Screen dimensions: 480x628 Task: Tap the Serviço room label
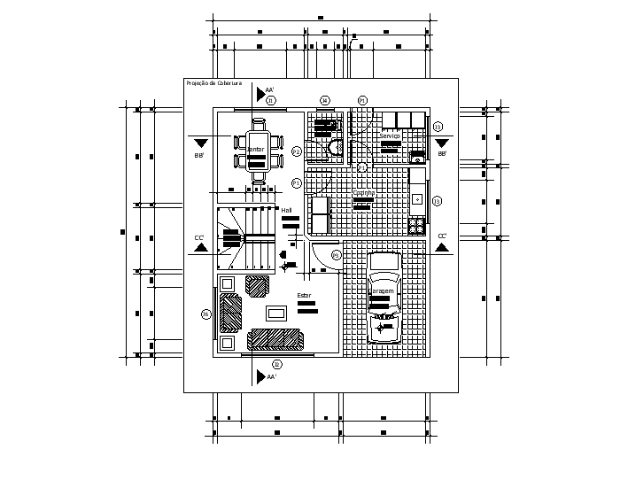pos(390,135)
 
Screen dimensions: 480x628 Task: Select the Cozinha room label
pos(364,192)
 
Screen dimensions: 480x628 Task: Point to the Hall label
pos(287,210)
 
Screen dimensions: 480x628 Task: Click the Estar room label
pos(304,295)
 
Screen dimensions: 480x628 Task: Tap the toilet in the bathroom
pos(334,148)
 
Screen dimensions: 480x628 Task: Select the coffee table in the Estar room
pos(276,312)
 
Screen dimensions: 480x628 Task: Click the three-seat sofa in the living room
pos(275,339)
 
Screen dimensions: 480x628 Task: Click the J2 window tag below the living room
pos(276,364)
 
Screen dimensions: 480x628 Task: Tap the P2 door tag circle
pos(297,152)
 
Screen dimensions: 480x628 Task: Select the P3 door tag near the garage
pos(336,255)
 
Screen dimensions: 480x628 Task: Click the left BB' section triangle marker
pos(201,143)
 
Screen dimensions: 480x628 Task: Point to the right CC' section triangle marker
pos(441,247)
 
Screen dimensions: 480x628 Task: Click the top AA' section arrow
pos(260,91)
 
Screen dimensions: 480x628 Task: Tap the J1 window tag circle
pos(272,101)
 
